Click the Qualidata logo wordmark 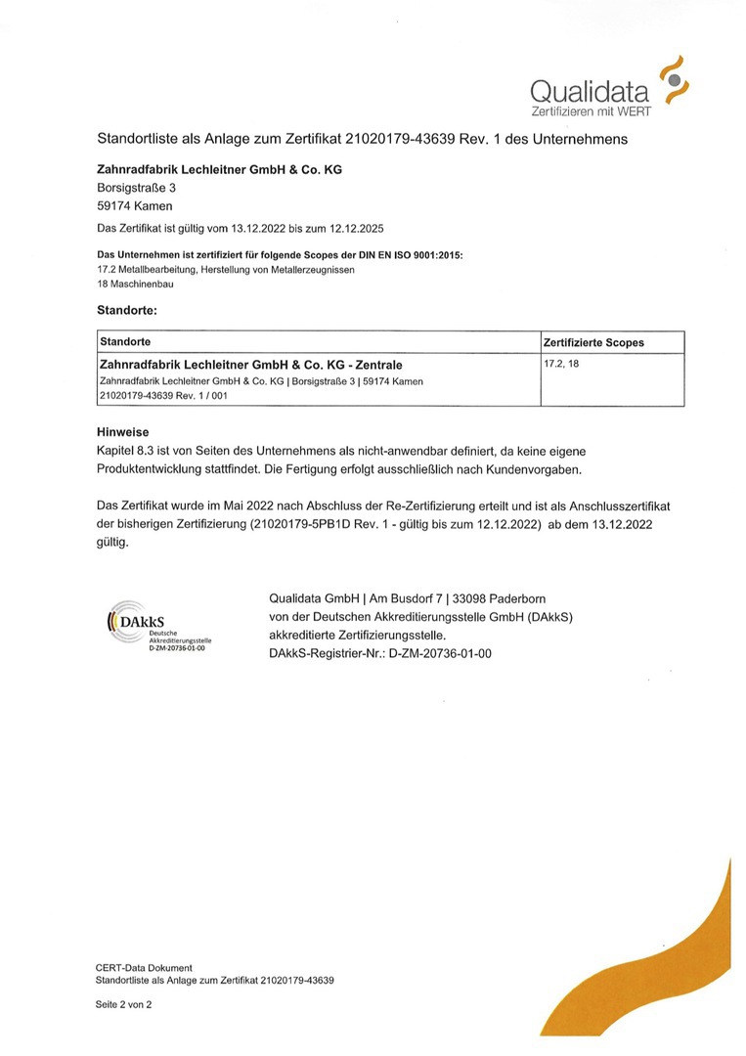pyautogui.click(x=590, y=92)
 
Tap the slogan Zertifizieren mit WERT pyautogui.click(x=590, y=111)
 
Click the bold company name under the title pyautogui.click(x=220, y=169)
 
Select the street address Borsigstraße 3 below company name pyautogui.click(x=137, y=187)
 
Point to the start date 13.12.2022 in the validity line pyautogui.click(x=258, y=229)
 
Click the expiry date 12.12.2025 pyautogui.click(x=354, y=229)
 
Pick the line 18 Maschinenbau pyautogui.click(x=137, y=284)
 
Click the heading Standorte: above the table pyautogui.click(x=127, y=310)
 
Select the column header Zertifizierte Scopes pyautogui.click(x=593, y=342)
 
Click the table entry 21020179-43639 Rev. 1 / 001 pyautogui.click(x=164, y=396)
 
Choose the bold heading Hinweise pyautogui.click(x=122, y=431)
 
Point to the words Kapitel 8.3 pyautogui.click(x=127, y=450)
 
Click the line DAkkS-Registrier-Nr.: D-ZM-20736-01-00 pyautogui.click(x=379, y=652)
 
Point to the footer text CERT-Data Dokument pyautogui.click(x=144, y=968)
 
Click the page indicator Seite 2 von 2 pyautogui.click(x=123, y=1004)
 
